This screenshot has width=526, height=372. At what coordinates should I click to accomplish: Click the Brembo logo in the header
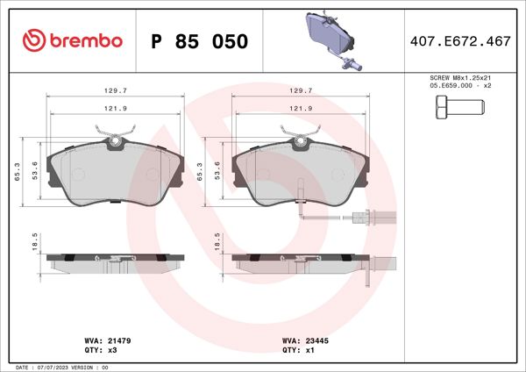click(71, 41)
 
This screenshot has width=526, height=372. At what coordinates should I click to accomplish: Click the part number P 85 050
click(199, 42)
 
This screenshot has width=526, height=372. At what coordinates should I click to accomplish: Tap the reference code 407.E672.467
click(461, 41)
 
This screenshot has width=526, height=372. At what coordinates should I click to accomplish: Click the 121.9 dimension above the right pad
click(300, 108)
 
